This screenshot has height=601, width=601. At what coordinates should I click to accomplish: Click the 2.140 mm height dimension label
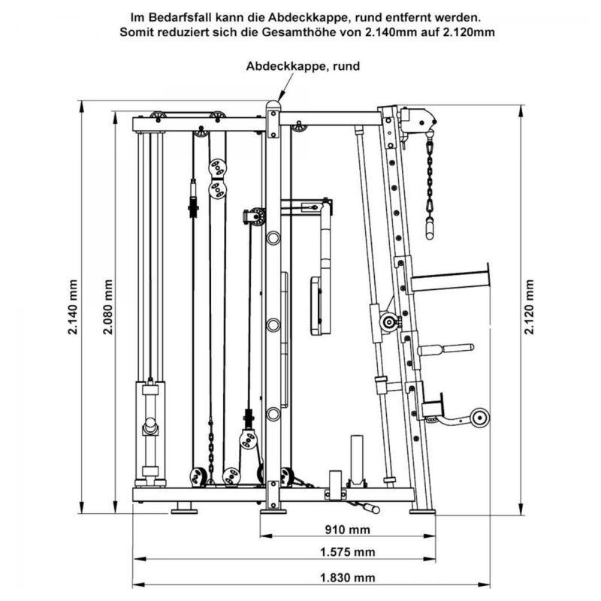click(73, 307)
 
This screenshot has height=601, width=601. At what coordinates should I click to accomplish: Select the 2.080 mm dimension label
click(108, 307)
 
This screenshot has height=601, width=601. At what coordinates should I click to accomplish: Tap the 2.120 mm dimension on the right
click(530, 307)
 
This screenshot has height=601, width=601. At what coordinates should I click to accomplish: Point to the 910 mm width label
click(348, 530)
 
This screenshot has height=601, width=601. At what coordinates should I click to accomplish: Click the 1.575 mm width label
click(348, 552)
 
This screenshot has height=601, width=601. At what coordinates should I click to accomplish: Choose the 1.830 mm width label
click(348, 577)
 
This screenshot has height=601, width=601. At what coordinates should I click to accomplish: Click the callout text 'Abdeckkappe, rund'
click(303, 66)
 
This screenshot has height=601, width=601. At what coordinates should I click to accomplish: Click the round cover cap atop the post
click(273, 105)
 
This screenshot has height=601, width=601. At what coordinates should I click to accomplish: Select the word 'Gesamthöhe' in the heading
click(327, 32)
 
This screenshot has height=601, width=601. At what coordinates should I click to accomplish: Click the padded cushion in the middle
click(320, 306)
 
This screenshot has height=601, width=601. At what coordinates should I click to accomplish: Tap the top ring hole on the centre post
click(273, 238)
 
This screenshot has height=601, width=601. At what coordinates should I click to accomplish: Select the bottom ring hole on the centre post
click(273, 414)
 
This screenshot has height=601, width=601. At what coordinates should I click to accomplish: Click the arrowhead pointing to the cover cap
click(281, 96)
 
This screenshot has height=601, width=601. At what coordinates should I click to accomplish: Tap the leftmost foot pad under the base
click(184, 511)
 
